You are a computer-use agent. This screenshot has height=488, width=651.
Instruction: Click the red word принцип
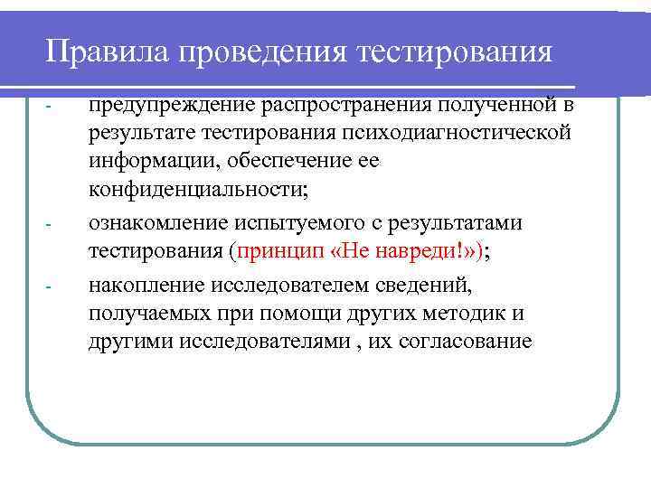(277, 251)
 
